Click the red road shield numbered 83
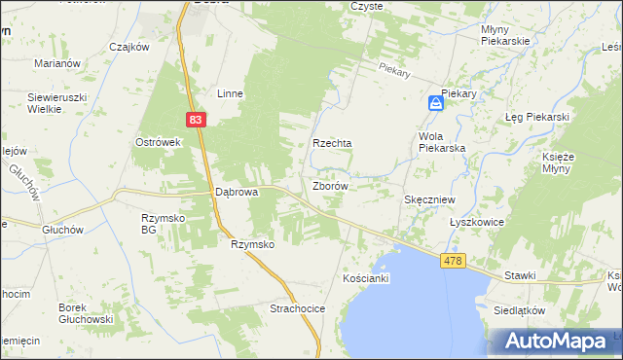(x=197, y=119)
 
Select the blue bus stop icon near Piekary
(x=435, y=103)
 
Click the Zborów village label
(x=331, y=185)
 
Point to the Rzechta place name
(x=332, y=142)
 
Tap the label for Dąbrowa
(x=236, y=193)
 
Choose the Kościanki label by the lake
(x=367, y=278)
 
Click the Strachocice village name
(x=297, y=308)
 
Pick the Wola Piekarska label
(x=441, y=142)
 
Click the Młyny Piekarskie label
(x=505, y=35)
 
